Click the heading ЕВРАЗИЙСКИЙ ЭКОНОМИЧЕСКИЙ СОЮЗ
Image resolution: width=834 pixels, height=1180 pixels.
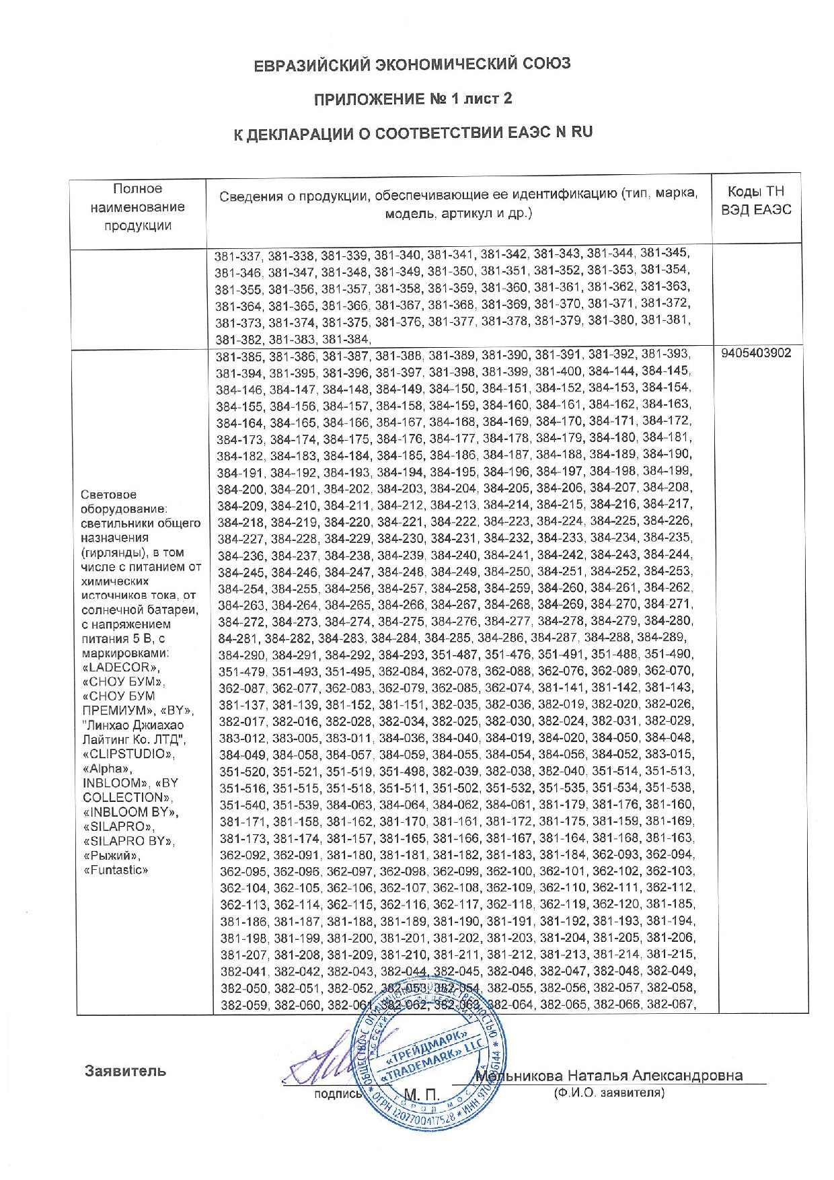click(412, 64)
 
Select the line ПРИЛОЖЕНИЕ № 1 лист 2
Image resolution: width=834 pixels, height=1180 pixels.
click(413, 99)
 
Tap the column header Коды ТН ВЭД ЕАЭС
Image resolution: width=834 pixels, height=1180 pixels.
click(756, 200)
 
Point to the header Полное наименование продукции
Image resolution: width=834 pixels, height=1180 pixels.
click(138, 207)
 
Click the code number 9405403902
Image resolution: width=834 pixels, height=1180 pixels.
click(756, 353)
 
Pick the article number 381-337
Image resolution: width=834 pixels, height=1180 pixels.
click(239, 256)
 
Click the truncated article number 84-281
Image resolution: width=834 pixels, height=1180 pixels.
click(237, 637)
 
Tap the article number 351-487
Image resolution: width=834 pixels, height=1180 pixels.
click(454, 654)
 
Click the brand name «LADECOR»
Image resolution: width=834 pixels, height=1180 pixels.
click(121, 667)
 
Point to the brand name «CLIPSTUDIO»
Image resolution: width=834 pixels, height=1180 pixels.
click(128, 754)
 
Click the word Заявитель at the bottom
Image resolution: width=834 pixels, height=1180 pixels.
click(125, 1070)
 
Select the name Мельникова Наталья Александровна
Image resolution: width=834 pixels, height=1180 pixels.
click(609, 1075)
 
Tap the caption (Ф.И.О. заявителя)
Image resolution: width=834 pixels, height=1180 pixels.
click(609, 1093)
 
